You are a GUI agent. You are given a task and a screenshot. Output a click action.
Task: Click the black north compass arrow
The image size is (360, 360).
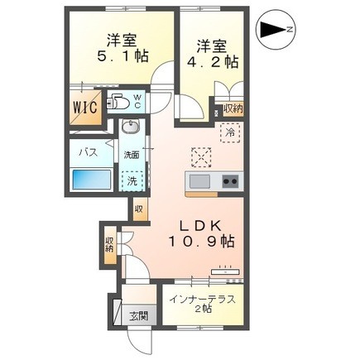click(272, 29)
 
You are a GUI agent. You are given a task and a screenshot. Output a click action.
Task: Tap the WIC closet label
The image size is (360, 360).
click(85, 107)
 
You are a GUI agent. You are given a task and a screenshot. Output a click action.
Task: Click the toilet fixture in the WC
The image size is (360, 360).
click(118, 102)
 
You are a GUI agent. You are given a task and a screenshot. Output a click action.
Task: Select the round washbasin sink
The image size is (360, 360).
click(131, 127)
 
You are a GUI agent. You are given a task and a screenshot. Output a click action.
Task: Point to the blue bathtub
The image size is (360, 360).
click(92, 180)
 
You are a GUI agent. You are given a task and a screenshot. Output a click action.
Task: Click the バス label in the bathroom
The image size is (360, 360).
click(89, 152)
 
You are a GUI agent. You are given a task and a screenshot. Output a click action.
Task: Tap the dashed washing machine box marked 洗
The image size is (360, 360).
click(132, 181)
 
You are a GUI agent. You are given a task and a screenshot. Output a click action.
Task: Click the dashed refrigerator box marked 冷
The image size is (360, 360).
click(230, 132)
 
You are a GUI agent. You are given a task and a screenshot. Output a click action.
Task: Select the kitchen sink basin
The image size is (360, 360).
click(199, 181)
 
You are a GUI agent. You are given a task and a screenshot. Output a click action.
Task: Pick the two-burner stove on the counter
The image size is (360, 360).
click(231, 181)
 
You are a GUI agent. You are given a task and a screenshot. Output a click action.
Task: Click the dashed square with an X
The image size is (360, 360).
click(202, 157)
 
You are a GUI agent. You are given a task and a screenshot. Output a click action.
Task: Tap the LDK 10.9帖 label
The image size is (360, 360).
click(202, 234)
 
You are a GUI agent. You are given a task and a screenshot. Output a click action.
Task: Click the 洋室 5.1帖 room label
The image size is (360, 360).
click(122, 48)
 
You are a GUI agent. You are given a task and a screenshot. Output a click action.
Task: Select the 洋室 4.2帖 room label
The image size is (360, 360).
click(213, 54)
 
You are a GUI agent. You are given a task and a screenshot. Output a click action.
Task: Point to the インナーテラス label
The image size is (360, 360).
click(203, 300)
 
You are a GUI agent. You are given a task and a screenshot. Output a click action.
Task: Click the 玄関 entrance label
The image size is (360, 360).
click(139, 316)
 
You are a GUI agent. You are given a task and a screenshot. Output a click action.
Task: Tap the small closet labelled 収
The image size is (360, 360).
click(139, 209)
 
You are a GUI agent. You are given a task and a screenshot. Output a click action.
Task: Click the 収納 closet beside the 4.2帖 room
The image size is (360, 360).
click(233, 109)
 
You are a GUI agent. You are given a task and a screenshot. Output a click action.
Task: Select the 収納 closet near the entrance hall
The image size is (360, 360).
click(109, 245)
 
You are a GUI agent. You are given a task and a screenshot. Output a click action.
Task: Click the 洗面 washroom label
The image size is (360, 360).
click(131, 155)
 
